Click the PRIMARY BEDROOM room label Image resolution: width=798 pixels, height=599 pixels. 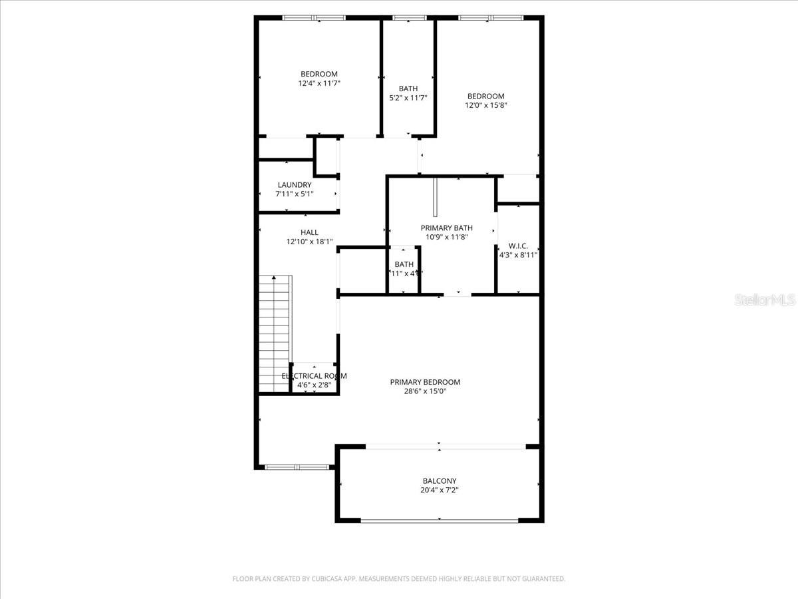tap(425, 382)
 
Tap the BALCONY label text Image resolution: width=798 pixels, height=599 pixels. tap(440, 481)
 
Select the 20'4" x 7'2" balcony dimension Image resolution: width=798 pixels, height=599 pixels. tap(440, 490)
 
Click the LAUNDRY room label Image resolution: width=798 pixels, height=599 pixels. tap(295, 185)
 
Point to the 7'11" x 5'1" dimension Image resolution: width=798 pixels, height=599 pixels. tap(295, 194)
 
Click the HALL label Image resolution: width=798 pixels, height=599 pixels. tap(309, 232)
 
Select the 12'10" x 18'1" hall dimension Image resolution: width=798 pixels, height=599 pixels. tap(309, 242)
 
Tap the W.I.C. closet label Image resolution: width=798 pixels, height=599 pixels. tap(518, 246)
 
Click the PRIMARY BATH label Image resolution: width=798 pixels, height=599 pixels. tap(446, 228)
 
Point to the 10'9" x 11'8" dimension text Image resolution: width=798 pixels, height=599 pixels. tap(446, 236)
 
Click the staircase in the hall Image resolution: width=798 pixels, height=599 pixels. tap(275, 333)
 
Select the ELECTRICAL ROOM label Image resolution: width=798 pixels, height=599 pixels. tap(314, 376)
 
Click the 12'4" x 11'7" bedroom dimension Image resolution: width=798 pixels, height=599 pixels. tap(319, 83)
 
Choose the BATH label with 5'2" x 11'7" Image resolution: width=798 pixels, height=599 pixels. tap(408, 89)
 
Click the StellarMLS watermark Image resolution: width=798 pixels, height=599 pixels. tap(764, 301)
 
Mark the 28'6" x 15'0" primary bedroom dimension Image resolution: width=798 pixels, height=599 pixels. tap(425, 391)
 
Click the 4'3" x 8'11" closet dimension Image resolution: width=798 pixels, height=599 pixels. tap(518, 254)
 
